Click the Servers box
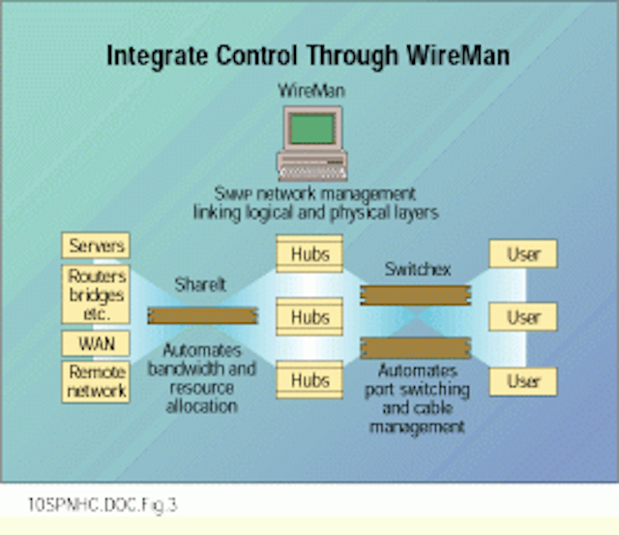[96, 246]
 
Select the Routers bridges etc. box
[96, 294]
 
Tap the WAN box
[96, 343]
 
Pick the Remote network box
[96, 381]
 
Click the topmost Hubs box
[309, 253]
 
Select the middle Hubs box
[309, 316]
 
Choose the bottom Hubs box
[309, 380]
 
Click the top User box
[523, 253]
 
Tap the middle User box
[523, 316]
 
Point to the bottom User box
[523, 381]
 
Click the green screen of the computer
[312, 129]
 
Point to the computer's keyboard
[312, 173]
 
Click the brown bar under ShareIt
[202, 315]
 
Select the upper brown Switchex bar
[416, 295]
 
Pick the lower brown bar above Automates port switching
[416, 348]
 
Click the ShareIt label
[200, 284]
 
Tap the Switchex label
[418, 269]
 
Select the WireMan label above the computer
[311, 90]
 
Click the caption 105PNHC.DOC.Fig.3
[103, 505]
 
